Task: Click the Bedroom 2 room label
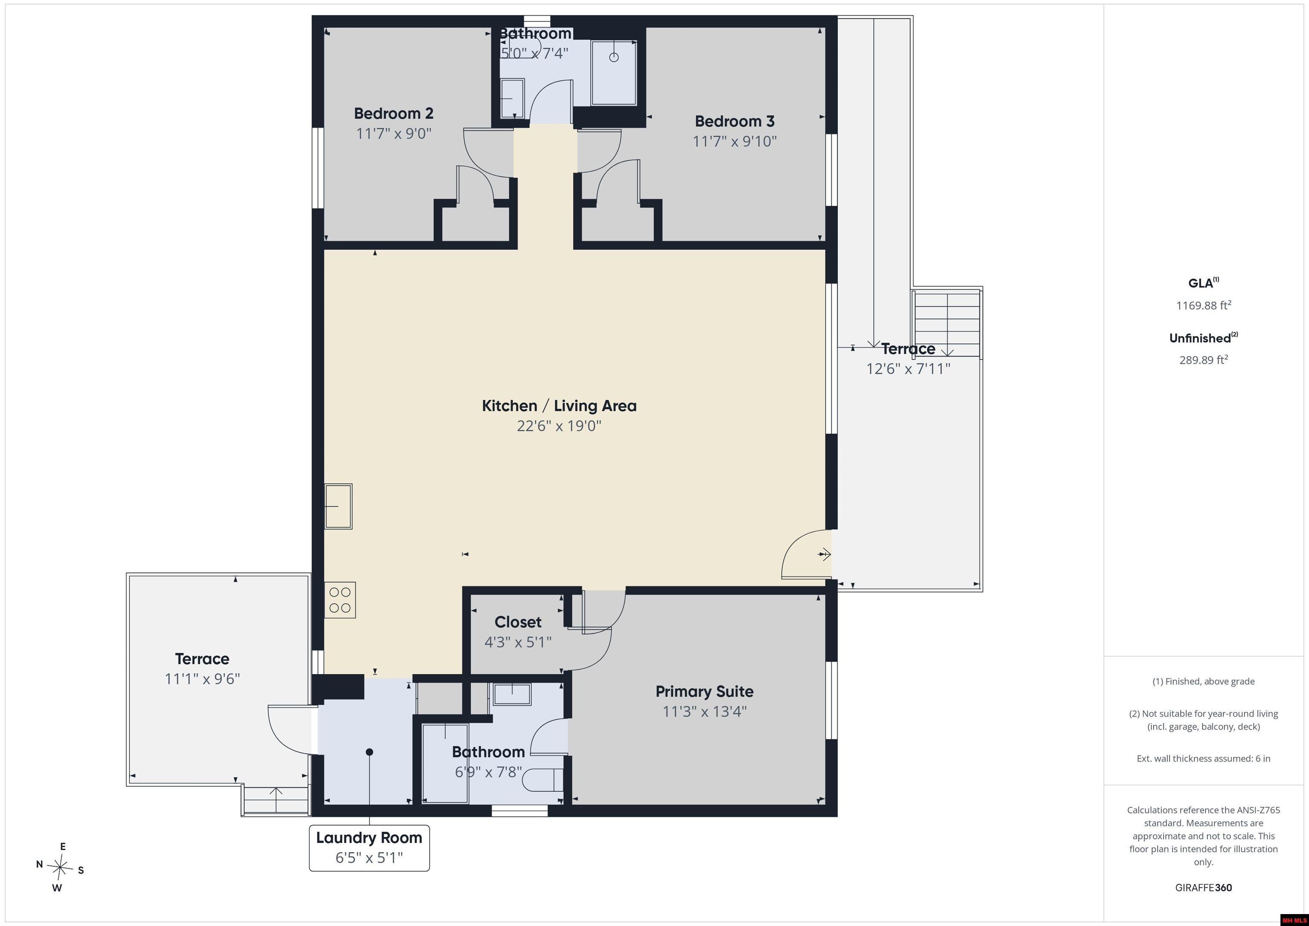click(x=393, y=113)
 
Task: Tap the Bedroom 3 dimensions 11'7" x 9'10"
click(x=734, y=141)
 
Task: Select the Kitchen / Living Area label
click(x=559, y=406)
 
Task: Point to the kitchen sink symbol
click(x=338, y=506)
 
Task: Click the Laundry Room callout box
click(x=369, y=848)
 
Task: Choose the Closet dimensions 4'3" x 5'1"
click(x=518, y=643)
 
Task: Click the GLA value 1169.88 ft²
click(x=1203, y=305)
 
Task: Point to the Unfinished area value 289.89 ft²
click(x=1203, y=360)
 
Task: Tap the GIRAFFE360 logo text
click(x=1203, y=888)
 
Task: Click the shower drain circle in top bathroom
click(x=614, y=57)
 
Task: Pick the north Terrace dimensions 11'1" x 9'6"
click(x=202, y=679)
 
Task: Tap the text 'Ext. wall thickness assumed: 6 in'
click(x=1203, y=759)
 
